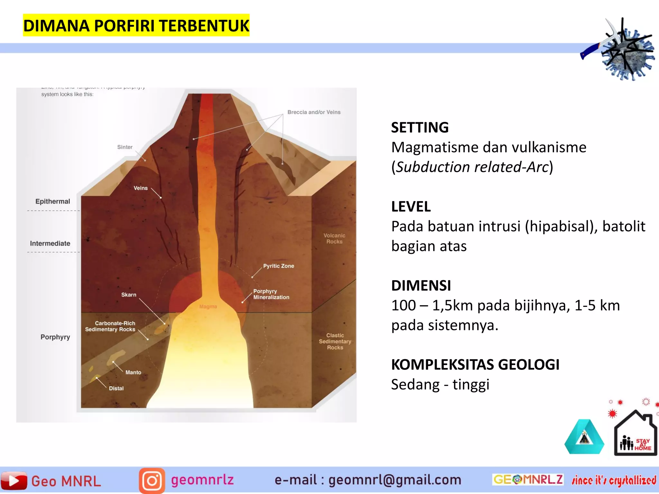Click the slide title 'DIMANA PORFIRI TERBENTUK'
(136, 26)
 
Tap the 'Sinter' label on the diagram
(125, 147)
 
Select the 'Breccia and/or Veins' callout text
(314, 112)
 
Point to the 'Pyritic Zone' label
(279, 266)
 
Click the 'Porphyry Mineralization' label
(271, 294)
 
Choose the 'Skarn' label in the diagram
(129, 295)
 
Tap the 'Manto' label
(133, 372)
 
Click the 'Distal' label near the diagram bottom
(116, 389)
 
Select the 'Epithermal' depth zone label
(53, 202)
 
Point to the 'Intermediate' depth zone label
(50, 243)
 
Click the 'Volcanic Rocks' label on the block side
(334, 239)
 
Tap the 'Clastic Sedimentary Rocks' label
(335, 341)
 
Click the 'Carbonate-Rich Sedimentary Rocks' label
(110, 326)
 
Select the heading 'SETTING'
(420, 128)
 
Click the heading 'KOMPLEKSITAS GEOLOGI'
(475, 365)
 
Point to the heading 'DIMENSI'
(421, 286)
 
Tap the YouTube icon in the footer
(14, 480)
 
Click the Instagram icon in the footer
(152, 481)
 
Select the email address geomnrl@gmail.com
(394, 480)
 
